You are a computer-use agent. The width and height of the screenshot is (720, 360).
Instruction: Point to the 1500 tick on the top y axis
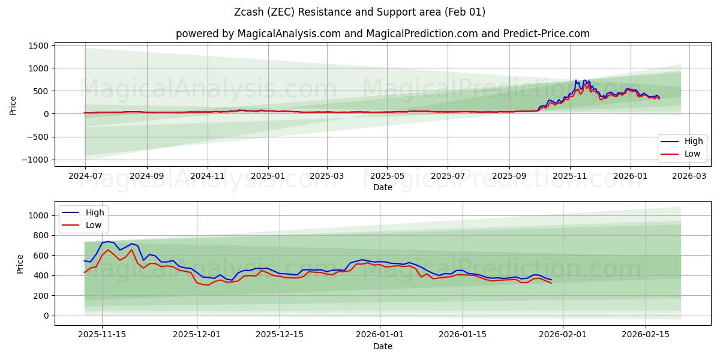pos(38,46)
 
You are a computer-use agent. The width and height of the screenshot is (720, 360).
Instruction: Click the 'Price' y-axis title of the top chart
pos(13,105)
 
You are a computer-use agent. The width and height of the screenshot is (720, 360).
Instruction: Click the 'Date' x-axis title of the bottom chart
pos(382,346)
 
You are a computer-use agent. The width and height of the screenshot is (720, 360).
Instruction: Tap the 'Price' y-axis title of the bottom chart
pos(20,263)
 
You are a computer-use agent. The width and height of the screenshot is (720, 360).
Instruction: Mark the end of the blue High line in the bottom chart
pos(551,280)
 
